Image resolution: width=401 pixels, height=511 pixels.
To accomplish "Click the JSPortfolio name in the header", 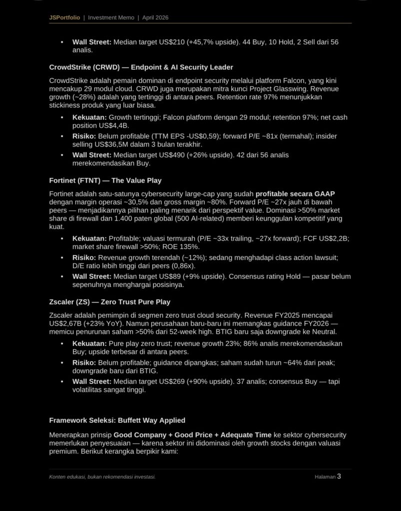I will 64,17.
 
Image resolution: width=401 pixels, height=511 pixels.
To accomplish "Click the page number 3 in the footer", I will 339,476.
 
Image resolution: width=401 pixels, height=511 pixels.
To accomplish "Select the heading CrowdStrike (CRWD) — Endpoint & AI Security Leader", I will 141,67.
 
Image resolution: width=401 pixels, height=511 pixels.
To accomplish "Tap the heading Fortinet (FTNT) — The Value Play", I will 105,180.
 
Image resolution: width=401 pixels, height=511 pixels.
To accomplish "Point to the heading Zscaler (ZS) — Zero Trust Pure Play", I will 109,302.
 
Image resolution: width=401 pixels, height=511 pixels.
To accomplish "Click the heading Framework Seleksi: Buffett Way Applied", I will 117,420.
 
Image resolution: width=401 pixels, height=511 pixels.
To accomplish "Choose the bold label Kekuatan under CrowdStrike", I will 89,117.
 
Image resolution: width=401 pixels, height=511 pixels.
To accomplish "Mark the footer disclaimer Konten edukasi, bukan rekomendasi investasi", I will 102,477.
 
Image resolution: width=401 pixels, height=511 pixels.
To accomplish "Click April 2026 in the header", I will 155,17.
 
